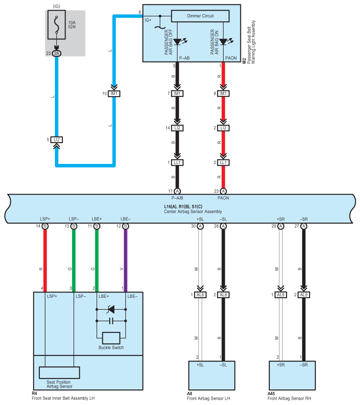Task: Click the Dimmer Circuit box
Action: [200, 16]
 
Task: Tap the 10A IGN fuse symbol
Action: [57, 24]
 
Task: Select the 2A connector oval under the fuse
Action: [57, 54]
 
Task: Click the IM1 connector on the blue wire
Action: [114, 93]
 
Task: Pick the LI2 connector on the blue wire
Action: [57, 140]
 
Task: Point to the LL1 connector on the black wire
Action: [177, 163]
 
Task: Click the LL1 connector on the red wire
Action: [223, 163]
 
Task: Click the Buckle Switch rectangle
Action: [111, 338]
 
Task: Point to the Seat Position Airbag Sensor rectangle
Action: [59, 373]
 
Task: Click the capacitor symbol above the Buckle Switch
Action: [111, 321]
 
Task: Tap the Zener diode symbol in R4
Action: [111, 309]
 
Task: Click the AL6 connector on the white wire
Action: [200, 295]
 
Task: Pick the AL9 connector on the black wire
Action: [304, 295]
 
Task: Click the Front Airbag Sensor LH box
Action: [212, 375]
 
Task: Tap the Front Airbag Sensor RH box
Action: [292, 375]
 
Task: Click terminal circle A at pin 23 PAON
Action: [223, 191]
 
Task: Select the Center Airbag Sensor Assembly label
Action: [193, 211]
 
